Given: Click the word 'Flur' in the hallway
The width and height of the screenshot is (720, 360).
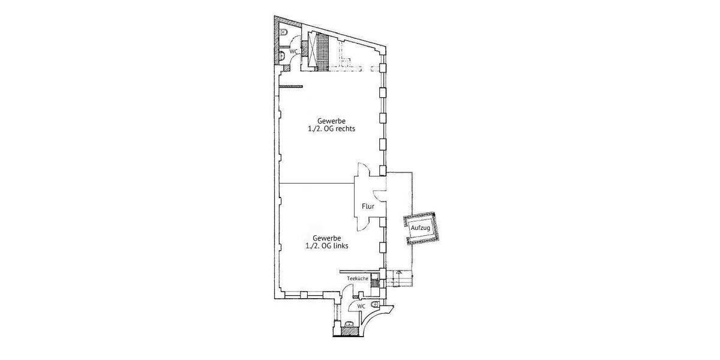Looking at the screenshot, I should [x=368, y=206].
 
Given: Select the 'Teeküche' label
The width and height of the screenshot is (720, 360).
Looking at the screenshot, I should [x=358, y=279].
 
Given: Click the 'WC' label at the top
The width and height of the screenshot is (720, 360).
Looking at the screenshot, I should [x=293, y=52].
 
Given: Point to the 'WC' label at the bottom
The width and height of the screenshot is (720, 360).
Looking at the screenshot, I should [x=361, y=306].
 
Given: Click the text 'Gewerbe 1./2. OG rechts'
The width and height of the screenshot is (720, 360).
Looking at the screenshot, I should [x=327, y=125].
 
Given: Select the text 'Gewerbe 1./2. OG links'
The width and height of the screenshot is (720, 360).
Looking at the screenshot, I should [x=327, y=242].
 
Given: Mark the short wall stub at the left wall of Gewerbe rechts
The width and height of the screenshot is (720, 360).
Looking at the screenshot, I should [x=290, y=88].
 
